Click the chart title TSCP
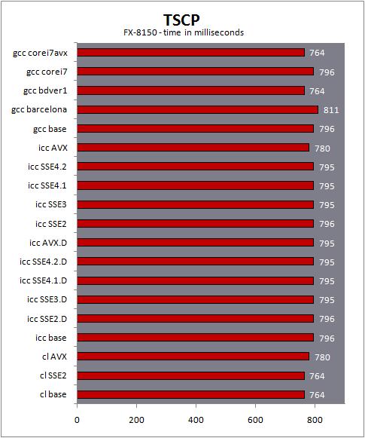[x=181, y=20]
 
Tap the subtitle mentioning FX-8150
[x=184, y=32]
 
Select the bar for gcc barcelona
[x=198, y=109]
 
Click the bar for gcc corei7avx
[x=191, y=53]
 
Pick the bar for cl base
[x=191, y=394]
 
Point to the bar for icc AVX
[x=193, y=148]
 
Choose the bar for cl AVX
[x=193, y=357]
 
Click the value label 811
[x=331, y=110]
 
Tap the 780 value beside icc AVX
[x=322, y=149]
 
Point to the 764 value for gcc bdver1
[x=317, y=91]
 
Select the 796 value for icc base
[x=327, y=338]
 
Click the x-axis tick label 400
[x=196, y=420]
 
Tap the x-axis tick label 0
[x=77, y=420]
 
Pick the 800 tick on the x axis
[x=315, y=420]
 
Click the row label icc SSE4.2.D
[x=43, y=262]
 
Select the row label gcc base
[x=50, y=129]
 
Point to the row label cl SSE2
[x=53, y=375]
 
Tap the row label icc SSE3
[x=51, y=204]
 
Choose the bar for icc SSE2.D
[x=196, y=318]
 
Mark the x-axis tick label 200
[x=136, y=420]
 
